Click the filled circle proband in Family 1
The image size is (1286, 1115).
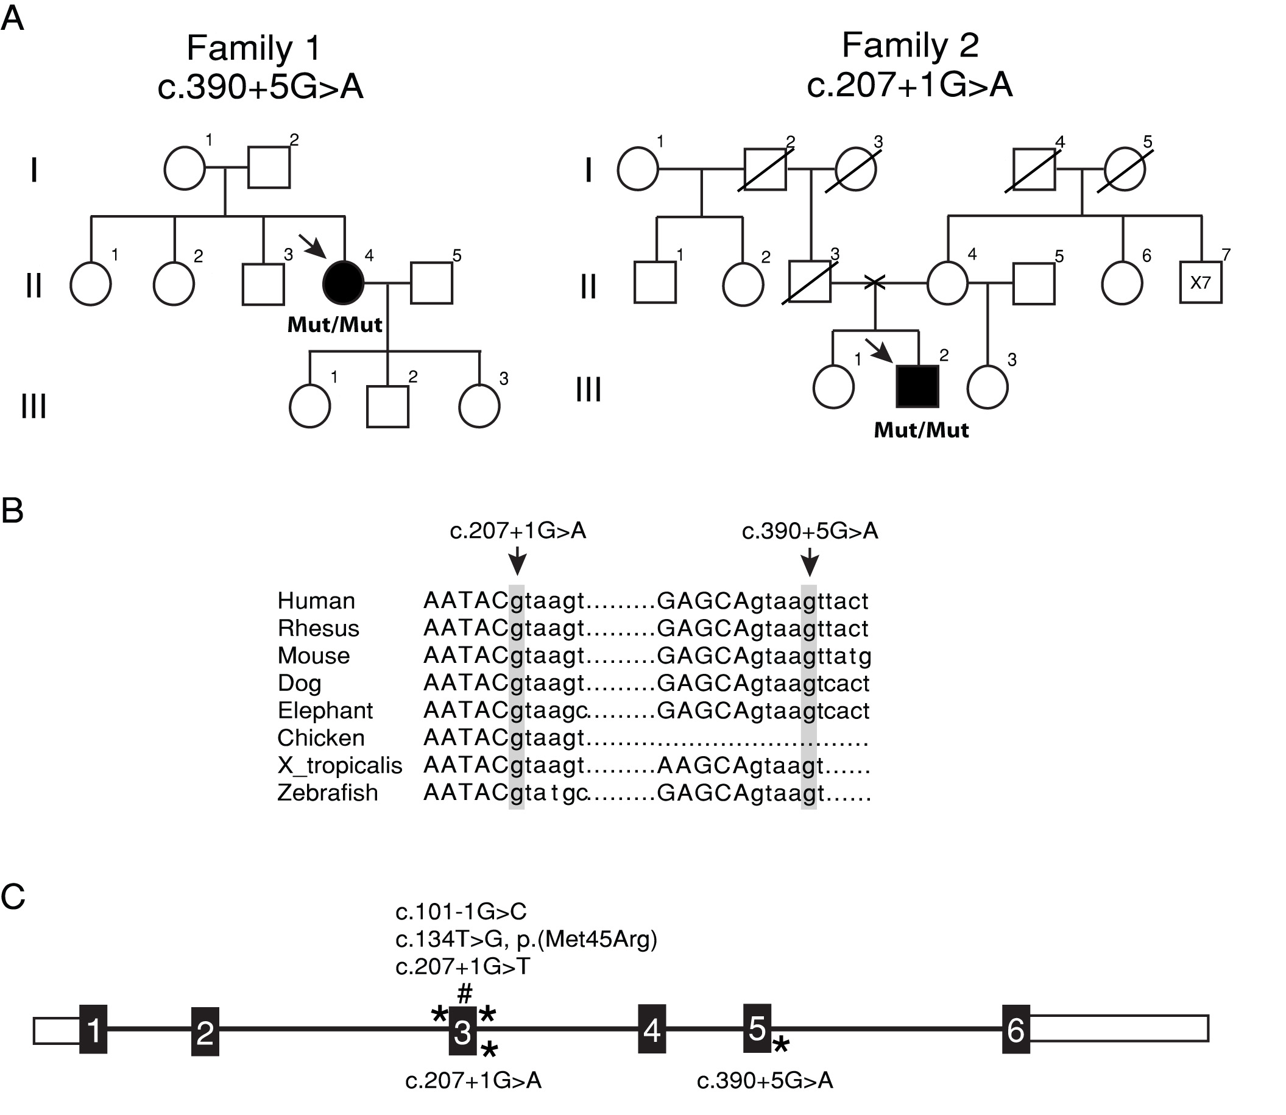pos(343,284)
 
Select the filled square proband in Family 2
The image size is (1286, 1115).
pos(917,386)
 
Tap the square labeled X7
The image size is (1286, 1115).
pos(1200,283)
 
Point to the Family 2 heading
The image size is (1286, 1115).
pos(910,46)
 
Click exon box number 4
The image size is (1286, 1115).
pos(651,1030)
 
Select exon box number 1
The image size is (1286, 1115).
pos(93,1030)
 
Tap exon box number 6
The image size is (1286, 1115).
pos(1016,1030)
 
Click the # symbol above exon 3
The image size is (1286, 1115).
pos(465,991)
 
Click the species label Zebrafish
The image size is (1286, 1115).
pos(327,793)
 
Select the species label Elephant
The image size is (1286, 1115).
pos(325,710)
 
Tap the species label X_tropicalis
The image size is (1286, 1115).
pos(340,765)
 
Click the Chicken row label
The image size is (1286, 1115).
pos(320,738)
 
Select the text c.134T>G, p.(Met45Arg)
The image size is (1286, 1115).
pos(526,939)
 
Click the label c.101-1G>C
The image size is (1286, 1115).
pos(461,911)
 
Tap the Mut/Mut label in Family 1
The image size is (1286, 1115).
pos(334,325)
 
